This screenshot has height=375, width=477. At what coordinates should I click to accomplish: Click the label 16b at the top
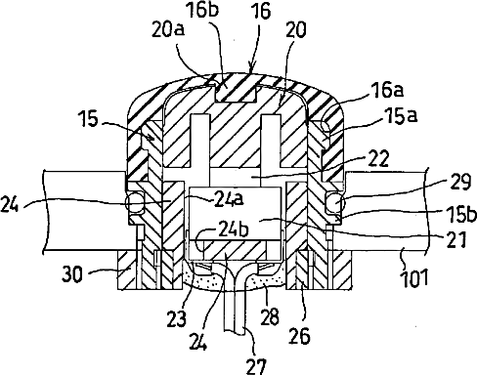[x=202, y=10]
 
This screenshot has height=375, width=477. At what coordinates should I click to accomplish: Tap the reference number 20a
[x=168, y=29]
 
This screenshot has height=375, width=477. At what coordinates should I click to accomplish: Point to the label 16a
[x=388, y=90]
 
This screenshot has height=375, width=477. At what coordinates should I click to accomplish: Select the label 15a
[x=402, y=116]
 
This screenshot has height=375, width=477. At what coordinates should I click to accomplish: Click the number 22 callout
[x=378, y=158]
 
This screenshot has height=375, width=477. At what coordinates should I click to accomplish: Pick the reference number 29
[x=460, y=182]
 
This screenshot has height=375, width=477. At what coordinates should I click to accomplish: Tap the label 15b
[x=460, y=215]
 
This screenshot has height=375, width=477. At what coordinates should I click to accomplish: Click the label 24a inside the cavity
[x=229, y=199]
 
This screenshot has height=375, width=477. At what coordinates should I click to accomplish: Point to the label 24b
[x=234, y=229]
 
